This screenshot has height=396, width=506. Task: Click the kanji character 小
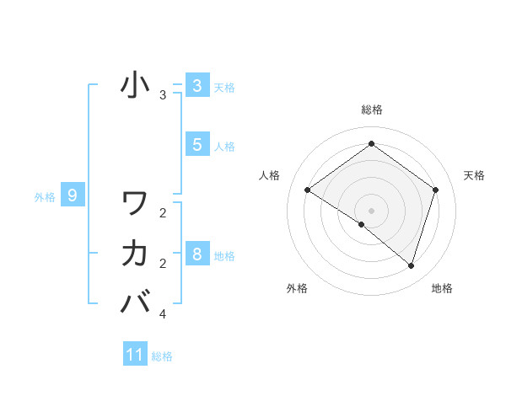135,84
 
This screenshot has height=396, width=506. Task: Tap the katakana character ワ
135,203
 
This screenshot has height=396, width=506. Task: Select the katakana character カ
135,252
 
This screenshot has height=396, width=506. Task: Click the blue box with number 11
135,355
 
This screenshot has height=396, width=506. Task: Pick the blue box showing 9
73,196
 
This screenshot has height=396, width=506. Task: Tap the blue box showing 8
196,254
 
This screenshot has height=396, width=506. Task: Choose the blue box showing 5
196,145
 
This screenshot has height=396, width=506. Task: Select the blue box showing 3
196,86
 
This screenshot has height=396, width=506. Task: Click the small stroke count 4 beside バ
163,314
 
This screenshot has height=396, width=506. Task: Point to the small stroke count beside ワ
163,212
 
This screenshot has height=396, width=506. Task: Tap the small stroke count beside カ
163,264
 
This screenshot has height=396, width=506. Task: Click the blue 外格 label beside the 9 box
45,197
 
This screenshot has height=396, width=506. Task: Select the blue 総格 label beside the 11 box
162,356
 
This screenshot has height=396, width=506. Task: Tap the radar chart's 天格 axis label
475,175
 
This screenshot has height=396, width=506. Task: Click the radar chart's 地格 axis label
442,288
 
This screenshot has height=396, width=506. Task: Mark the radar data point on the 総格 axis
371,144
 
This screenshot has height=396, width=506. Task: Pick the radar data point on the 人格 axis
308,190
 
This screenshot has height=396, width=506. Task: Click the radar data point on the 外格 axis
362,224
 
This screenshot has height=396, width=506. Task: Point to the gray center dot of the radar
371,210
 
